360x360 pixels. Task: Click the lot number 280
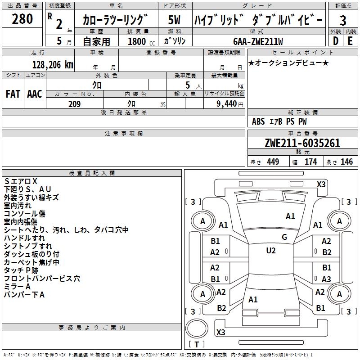22,19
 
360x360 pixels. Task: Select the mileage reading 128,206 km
53,64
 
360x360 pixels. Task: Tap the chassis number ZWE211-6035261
302,144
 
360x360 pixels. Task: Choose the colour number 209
74,104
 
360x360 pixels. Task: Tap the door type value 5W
175,20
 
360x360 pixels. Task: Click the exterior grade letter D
335,41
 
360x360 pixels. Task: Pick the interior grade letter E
350,41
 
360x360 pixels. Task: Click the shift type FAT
13,94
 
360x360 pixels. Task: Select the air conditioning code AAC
34,94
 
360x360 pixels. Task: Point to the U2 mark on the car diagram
271,251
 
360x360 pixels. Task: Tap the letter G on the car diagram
284,237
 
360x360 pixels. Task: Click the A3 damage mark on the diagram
326,279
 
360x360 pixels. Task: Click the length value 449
273,162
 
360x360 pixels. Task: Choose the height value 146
346,162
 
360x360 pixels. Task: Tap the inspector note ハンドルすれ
24,238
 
